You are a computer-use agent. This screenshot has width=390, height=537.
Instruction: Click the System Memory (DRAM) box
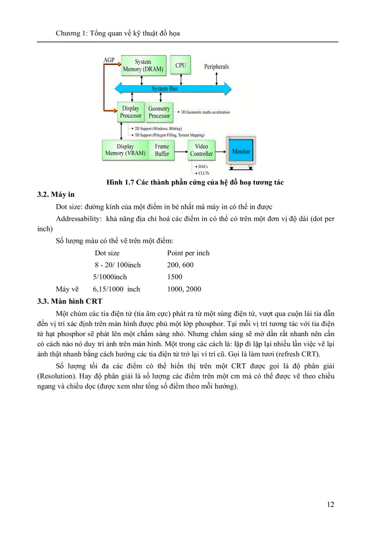point(142,66)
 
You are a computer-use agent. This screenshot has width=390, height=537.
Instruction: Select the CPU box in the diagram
point(180,65)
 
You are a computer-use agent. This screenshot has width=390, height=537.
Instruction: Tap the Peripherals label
point(217,67)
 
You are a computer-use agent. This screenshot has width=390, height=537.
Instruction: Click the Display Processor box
point(130,112)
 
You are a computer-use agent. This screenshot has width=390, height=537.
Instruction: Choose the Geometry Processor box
point(159,112)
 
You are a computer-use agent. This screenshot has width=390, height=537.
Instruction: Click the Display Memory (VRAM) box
point(125,150)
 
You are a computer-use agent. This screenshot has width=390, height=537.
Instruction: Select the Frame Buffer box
point(162,150)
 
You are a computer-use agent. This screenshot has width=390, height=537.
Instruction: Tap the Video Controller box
point(201,150)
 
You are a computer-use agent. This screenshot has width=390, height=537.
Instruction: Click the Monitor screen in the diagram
point(241,152)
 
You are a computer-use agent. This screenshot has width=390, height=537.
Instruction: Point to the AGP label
point(109,60)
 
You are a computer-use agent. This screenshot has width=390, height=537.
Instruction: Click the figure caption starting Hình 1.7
point(196,183)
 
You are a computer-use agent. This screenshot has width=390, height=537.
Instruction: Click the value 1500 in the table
point(174,277)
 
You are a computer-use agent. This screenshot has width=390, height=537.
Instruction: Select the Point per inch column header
point(188,253)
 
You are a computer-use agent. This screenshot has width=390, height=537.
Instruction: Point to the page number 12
point(330,504)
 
